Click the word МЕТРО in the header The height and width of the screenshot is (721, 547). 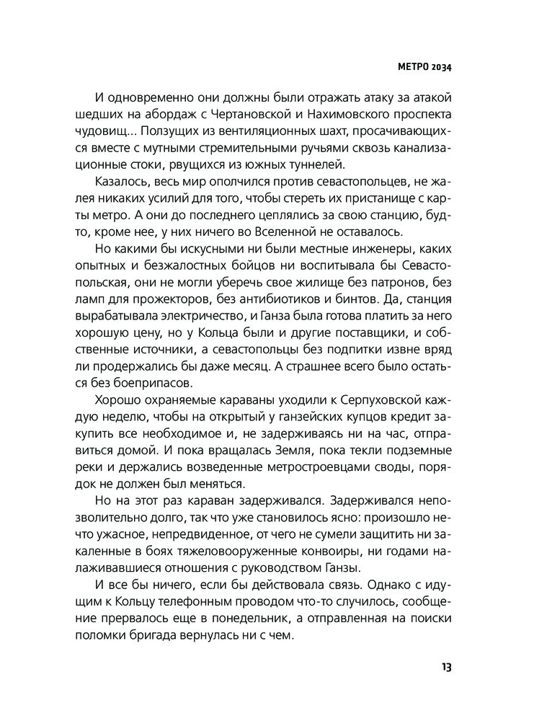pos(413,68)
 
